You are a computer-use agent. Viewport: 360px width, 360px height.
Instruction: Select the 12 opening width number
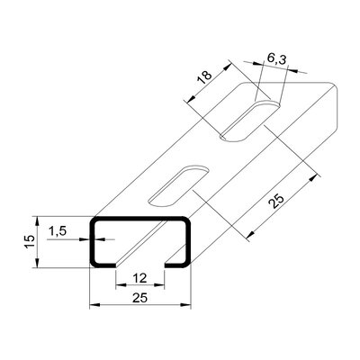pos(138,280)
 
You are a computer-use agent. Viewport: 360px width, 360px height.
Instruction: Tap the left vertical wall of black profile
pos(93,241)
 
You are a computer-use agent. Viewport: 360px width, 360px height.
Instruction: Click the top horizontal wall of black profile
pos(139,219)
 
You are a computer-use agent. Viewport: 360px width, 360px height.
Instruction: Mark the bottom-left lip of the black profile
pos(104,265)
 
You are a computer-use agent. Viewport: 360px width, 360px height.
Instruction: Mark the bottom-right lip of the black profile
pos(175,265)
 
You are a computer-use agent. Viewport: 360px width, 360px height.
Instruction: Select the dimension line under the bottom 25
pos(139,307)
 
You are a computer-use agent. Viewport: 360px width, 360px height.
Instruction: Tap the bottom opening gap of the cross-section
pos(139,265)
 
